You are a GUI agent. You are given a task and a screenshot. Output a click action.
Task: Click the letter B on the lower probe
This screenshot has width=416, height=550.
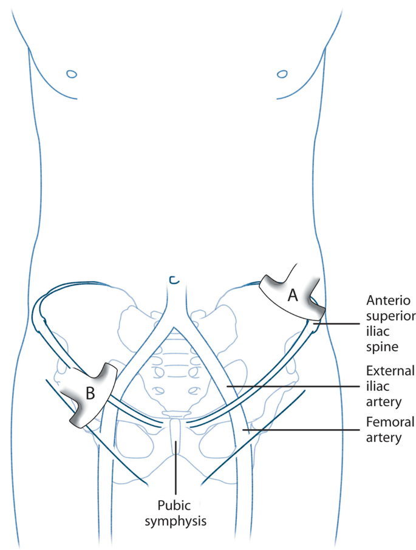pyautogui.click(x=90, y=393)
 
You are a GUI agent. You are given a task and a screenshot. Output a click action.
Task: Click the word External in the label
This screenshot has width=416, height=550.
pyautogui.click(x=390, y=371)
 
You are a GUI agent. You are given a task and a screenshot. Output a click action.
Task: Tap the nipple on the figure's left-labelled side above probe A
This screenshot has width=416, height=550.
pyautogui.click(x=282, y=74)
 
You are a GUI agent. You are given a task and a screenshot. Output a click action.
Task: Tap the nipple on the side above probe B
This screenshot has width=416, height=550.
pyautogui.click(x=71, y=74)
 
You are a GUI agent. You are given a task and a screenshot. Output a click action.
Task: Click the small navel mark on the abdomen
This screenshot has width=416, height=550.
pyautogui.click(x=174, y=280)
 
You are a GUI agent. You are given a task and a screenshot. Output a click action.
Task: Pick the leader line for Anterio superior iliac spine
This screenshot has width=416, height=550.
pyautogui.click(x=340, y=324)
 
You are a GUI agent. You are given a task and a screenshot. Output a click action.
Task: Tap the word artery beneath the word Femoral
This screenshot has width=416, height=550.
pyautogui.click(x=386, y=436)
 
